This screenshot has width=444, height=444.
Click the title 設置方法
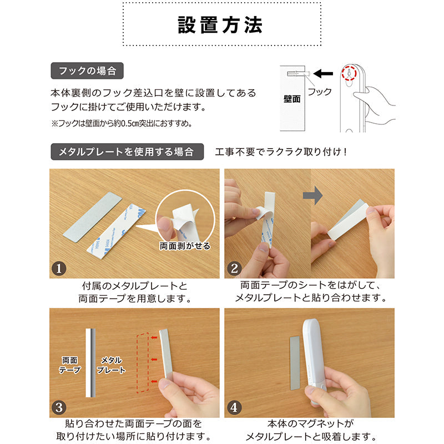coord(220,25)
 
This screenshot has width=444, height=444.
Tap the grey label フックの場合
coord(87,71)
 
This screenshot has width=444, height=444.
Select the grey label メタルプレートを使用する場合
coord(127,152)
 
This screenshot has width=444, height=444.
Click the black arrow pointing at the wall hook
coord(323,74)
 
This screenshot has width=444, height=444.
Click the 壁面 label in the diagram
coord(292,99)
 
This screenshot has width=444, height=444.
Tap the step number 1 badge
coord(59,268)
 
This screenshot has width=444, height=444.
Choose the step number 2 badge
coord(234,268)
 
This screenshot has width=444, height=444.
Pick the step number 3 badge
coord(59,407)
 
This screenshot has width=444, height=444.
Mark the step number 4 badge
coord(234,407)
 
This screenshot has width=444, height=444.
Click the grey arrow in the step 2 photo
coord(312,195)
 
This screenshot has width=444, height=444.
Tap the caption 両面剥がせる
coord(185,246)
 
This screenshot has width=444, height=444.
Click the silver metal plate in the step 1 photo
coord(92,217)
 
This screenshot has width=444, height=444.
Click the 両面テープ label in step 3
coord(70,365)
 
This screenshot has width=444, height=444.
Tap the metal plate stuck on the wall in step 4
coord(295,363)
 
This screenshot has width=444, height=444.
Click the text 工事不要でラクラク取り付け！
coord(281,152)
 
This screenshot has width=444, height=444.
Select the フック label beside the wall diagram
coord(320,92)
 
